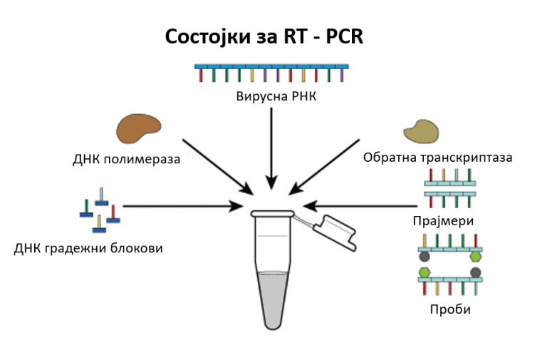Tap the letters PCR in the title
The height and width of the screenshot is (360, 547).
click(344, 36)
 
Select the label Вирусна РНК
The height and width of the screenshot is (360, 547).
click(276, 96)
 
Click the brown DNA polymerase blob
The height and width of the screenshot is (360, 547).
click(138, 128)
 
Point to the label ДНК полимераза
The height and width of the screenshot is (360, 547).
click(126, 159)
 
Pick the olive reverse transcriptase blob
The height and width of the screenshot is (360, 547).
click(421, 132)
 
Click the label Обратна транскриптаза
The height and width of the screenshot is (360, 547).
click(437, 158)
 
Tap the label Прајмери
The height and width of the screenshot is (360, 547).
click(443, 221)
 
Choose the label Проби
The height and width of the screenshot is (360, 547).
click(450, 309)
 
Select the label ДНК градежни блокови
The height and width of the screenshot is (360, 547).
click(88, 248)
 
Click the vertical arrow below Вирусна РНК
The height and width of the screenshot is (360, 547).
click(271, 148)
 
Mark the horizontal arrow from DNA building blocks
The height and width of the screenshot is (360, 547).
click(183, 206)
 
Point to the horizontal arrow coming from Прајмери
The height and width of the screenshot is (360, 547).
click(360, 206)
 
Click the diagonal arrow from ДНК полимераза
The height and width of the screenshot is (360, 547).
click(218, 167)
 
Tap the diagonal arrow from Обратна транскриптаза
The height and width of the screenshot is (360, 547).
click(324, 167)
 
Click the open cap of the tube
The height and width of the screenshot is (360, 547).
click(335, 232)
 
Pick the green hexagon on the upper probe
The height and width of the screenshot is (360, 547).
click(476, 257)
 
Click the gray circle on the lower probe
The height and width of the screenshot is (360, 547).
click(476, 272)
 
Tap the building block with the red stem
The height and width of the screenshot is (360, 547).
click(113, 214)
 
